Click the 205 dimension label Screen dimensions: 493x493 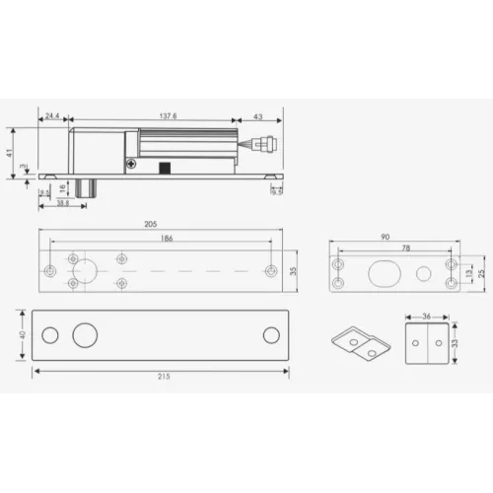151,224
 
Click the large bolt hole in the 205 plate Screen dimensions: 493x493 85,270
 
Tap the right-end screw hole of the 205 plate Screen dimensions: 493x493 269,270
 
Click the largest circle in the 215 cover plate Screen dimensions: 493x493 82,335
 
